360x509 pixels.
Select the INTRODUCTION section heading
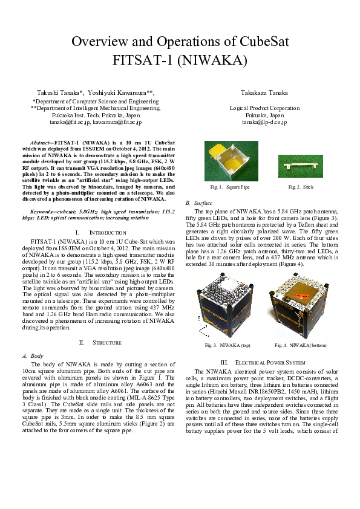[x=106, y=232]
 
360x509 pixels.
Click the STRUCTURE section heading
[x=106, y=343]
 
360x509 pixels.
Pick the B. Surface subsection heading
[x=197, y=203]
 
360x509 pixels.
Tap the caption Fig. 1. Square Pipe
[x=230, y=187]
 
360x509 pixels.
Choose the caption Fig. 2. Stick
[x=301, y=187]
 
